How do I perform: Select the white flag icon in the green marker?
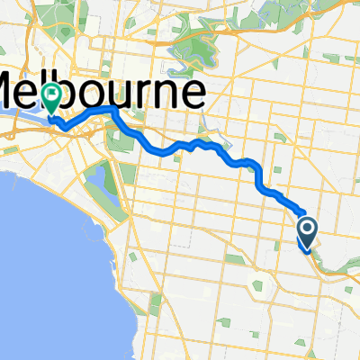pyautogui.click(x=53, y=92)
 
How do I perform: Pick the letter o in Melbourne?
pyautogui.click(x=101, y=94)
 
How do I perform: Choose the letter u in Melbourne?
pyautogui.click(x=126, y=94)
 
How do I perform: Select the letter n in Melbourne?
pyautogui.click(x=167, y=94)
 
